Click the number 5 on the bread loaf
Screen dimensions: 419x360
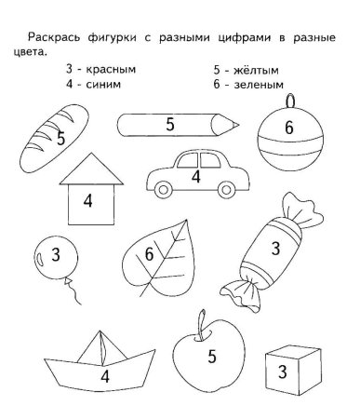[x=60, y=139]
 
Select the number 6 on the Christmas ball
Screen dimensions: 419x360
[x=289, y=128]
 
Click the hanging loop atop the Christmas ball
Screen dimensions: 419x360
[x=289, y=97]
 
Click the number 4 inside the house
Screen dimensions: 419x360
[x=87, y=200]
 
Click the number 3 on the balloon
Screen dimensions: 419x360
[x=56, y=253]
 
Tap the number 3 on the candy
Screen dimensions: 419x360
[x=275, y=249]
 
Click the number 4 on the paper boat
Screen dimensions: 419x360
[x=105, y=376]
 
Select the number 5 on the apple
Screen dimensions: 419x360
[x=212, y=356]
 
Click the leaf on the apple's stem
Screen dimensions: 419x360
[x=202, y=319]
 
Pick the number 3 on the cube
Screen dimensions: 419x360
[x=282, y=372]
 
